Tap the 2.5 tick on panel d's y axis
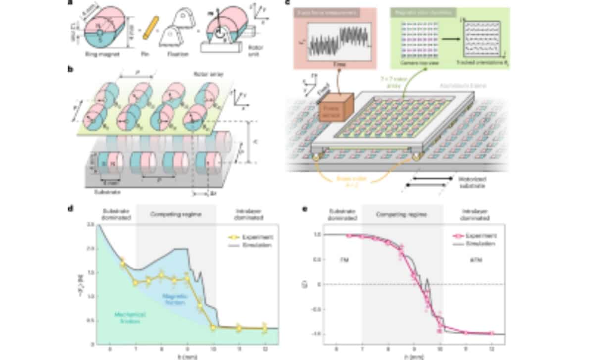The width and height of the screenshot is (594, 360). (x=91, y=225)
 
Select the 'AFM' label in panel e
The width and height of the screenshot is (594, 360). (x=474, y=258)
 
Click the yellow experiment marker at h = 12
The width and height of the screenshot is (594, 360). (x=264, y=328)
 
